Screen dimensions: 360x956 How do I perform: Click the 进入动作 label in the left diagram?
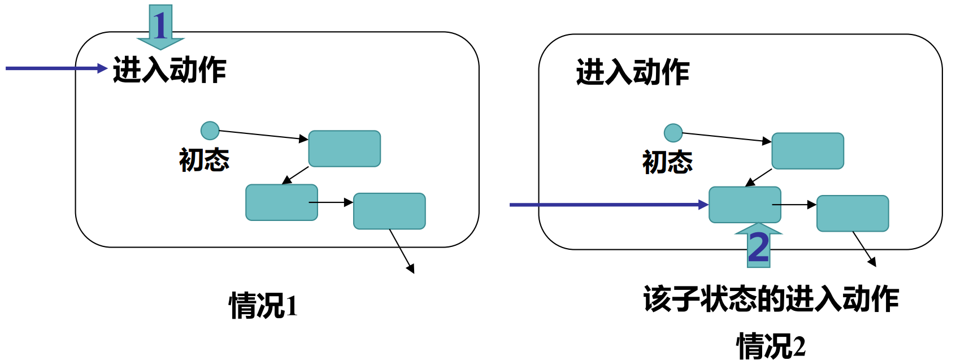point(170,70)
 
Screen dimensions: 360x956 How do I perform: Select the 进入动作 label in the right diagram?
point(633,72)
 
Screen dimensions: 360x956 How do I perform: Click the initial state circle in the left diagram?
point(210,131)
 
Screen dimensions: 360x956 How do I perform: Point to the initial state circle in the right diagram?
point(673,133)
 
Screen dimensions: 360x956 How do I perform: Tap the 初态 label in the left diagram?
point(204,160)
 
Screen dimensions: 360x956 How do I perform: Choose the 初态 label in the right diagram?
point(667,162)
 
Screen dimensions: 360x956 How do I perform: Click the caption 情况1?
point(263,306)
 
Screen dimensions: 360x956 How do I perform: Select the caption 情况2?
point(771,346)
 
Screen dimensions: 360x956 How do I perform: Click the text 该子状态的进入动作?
point(771,298)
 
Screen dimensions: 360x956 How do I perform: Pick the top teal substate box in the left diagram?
point(344,149)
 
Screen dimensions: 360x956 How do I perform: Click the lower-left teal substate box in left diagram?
point(281,202)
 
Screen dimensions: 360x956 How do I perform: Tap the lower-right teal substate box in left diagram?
point(389,211)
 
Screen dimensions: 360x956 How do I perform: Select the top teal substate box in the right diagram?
point(807,151)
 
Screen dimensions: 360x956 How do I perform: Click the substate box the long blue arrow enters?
point(745,205)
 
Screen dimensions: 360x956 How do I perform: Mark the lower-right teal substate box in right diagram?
point(853,213)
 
